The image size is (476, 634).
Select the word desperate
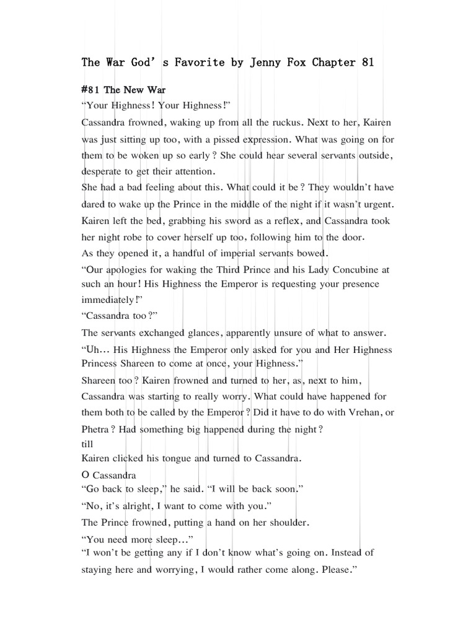click(102, 170)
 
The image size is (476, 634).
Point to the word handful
click(186, 253)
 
